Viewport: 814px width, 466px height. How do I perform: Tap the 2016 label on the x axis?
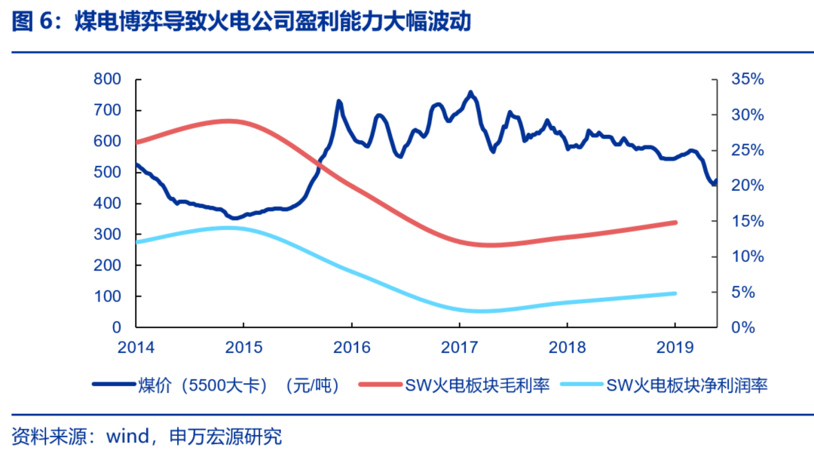[351, 347]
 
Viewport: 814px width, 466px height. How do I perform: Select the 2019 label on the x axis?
[675, 347]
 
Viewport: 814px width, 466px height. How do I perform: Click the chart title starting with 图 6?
[241, 23]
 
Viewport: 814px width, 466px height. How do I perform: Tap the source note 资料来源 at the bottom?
[147, 437]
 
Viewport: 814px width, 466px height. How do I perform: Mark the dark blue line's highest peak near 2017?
[471, 94]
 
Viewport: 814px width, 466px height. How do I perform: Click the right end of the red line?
[675, 222]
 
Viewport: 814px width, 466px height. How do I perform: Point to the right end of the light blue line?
[675, 293]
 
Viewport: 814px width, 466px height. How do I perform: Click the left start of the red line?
[136, 142]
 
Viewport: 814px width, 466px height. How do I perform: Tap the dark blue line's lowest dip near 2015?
[236, 218]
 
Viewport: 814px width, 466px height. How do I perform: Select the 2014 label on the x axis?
[136, 347]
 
